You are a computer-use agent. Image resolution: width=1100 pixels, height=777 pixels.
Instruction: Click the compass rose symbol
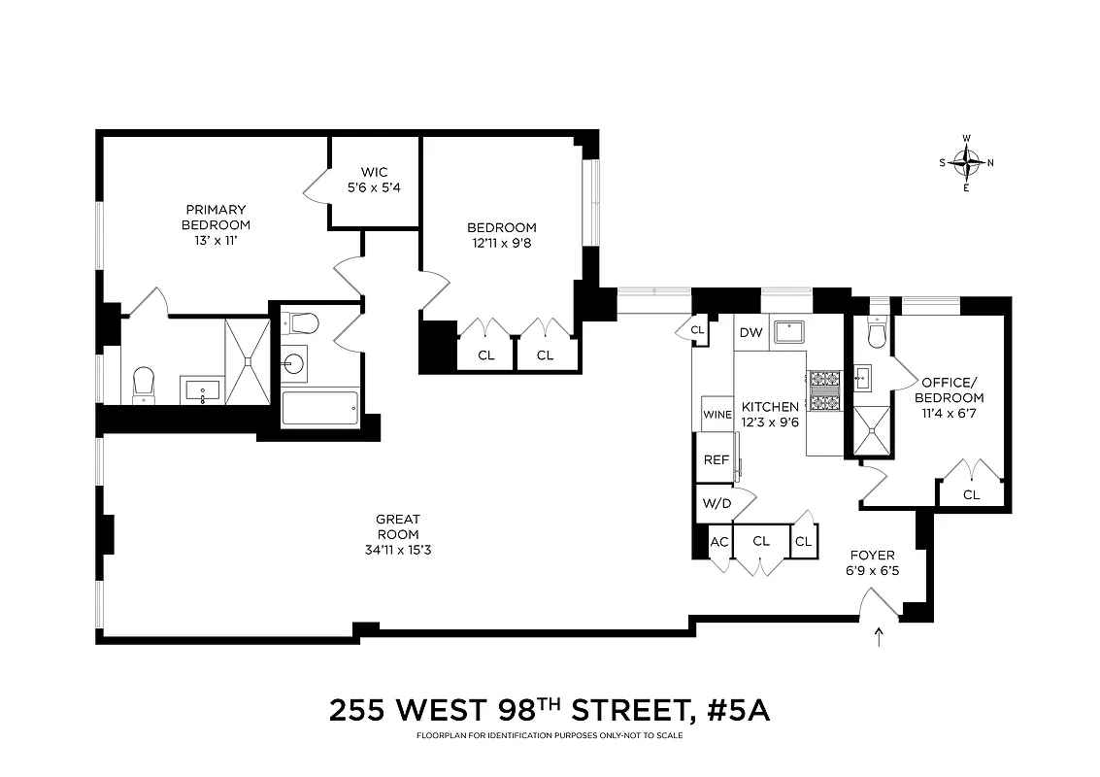coord(966,163)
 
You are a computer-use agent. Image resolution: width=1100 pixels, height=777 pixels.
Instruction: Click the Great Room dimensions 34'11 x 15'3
coord(398,550)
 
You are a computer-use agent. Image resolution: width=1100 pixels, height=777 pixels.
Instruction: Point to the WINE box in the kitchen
coord(717,414)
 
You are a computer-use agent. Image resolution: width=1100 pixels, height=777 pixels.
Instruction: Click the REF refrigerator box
coord(716,460)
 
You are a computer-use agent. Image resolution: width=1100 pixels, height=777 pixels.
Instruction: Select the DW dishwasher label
coord(750,333)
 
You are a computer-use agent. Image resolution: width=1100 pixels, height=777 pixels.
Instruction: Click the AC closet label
coord(719,541)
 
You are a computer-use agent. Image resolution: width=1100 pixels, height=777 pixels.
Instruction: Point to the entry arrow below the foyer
coord(880,637)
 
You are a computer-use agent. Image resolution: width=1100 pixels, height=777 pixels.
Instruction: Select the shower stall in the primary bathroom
coord(248,360)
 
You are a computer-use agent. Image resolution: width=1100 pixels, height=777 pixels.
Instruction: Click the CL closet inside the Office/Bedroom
coord(971,494)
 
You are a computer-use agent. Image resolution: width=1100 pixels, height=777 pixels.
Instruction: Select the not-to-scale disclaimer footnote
coord(550,735)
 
